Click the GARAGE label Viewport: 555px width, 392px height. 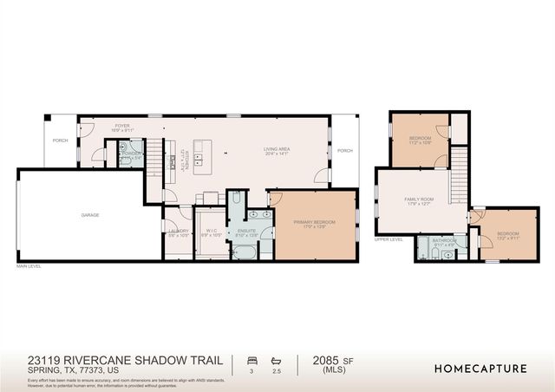tap(90, 214)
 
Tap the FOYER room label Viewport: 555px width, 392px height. tap(122, 127)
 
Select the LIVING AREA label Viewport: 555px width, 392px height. tap(277, 149)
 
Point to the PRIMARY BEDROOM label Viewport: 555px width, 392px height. tap(313, 223)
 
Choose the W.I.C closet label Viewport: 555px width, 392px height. tap(208, 230)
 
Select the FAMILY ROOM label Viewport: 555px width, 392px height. tap(419, 200)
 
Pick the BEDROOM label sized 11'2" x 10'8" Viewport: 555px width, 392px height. tap(421, 139)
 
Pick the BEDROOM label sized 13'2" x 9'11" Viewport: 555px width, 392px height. tap(507, 233)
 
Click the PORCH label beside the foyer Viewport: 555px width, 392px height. tap(60, 140)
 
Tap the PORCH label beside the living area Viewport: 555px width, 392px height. tap(345, 150)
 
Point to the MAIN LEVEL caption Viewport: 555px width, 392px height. tap(29, 267)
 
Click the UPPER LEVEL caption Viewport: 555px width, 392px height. tap(388, 239)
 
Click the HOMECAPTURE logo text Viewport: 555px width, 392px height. tap(480, 369)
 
